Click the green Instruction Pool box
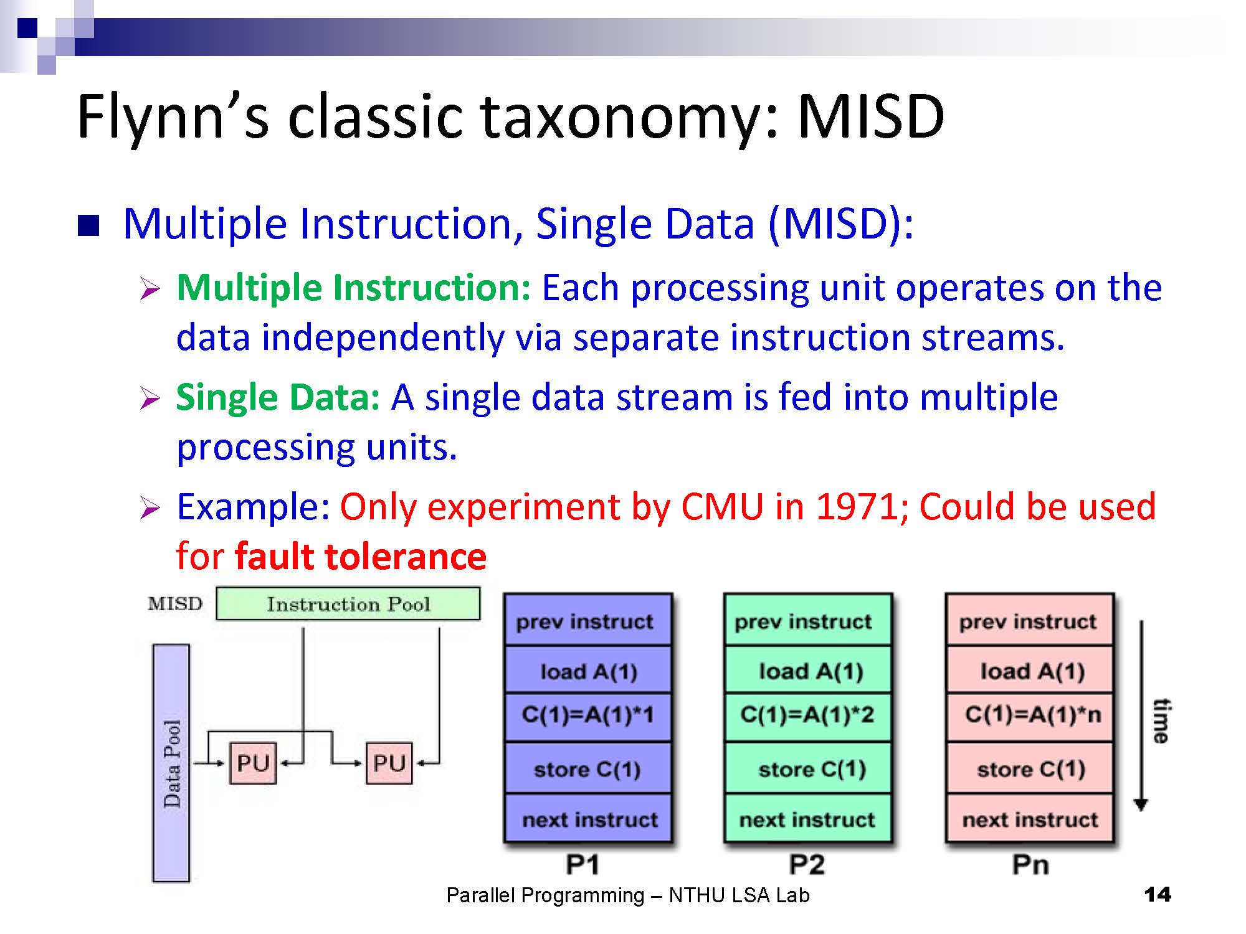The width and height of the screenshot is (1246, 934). pyautogui.click(x=348, y=603)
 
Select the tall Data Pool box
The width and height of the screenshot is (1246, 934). pyautogui.click(x=171, y=763)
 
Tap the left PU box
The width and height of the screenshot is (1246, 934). pyautogui.click(x=252, y=763)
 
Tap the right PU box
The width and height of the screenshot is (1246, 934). pyautogui.click(x=389, y=763)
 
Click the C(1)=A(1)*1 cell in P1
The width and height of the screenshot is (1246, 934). pyautogui.click(x=587, y=715)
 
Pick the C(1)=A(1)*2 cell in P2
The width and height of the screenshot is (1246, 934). pyautogui.click(x=807, y=715)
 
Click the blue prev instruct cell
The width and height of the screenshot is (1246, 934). pyautogui.click(x=587, y=621)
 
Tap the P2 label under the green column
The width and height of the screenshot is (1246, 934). pyautogui.click(x=807, y=864)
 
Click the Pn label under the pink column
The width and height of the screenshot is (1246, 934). pyautogui.click(x=1030, y=864)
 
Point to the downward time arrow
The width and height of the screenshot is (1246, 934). pyautogui.click(x=1141, y=716)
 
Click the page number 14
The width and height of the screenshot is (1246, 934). pyautogui.click(x=1158, y=895)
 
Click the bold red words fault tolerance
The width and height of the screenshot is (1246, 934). pyautogui.click(x=361, y=556)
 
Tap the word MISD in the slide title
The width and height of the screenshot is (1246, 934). pyautogui.click(x=870, y=116)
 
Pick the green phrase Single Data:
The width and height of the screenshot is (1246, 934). pyautogui.click(x=278, y=397)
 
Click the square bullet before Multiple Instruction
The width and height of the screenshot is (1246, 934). pyautogui.click(x=88, y=225)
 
